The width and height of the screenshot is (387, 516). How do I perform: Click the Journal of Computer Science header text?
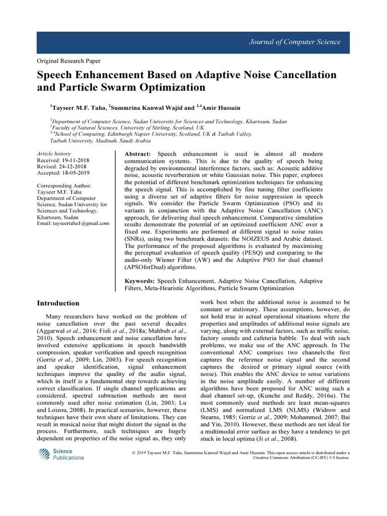coord(295,42)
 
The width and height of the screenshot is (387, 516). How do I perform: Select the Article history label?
coord(54,153)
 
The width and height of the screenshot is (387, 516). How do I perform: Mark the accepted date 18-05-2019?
coord(75,173)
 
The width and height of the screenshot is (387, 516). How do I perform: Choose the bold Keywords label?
coord(140,281)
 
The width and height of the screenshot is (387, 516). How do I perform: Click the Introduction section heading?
coord(58,303)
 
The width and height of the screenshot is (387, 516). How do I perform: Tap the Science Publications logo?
coord(61,455)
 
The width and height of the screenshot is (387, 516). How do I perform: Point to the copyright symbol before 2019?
coord(133,454)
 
